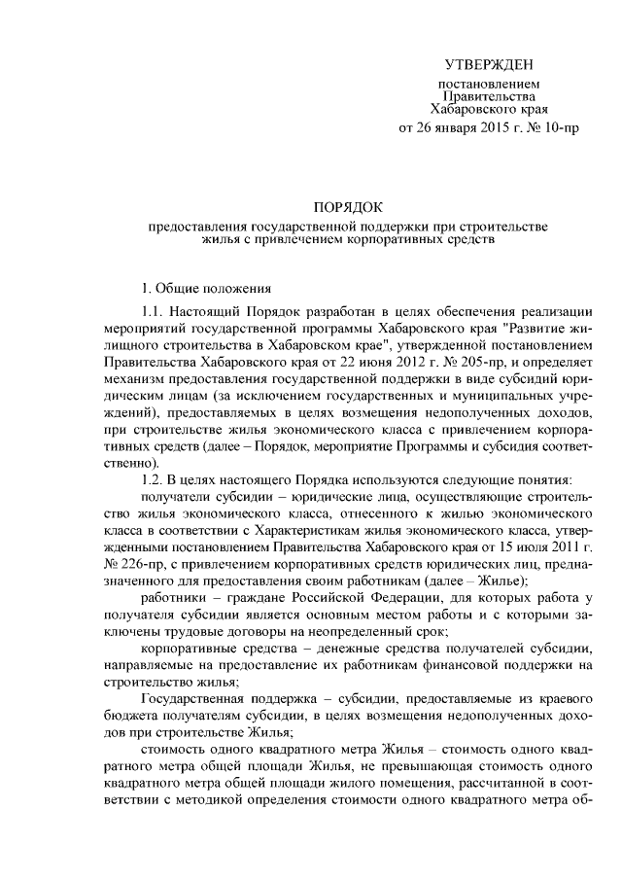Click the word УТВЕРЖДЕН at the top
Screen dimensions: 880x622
coord(489,66)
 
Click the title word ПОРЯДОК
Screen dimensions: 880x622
coord(348,207)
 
